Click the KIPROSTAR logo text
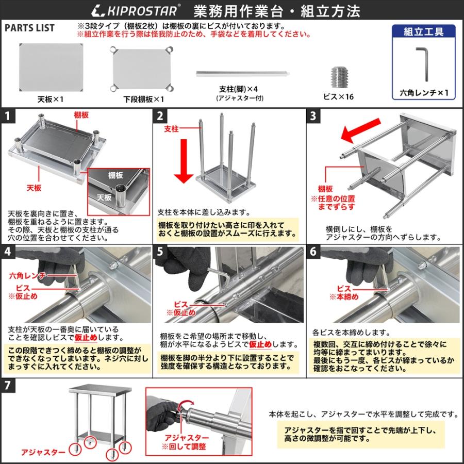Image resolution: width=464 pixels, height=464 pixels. (x=137, y=9)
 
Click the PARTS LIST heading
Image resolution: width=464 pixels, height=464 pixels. (x=29, y=28)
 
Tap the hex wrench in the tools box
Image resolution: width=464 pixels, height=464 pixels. (x=422, y=63)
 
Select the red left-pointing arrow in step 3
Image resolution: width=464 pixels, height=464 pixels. (x=359, y=135)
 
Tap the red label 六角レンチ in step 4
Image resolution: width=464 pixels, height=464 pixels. (x=28, y=276)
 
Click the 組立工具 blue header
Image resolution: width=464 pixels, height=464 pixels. (x=424, y=31)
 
